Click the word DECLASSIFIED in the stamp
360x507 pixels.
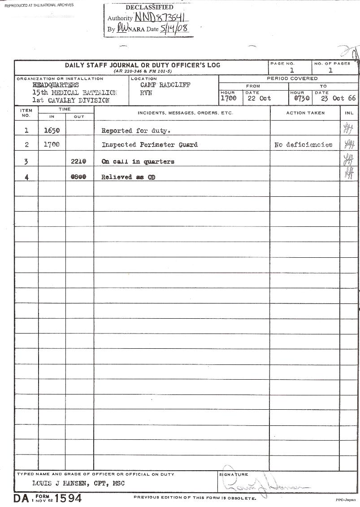149,8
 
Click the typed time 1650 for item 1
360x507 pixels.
52,131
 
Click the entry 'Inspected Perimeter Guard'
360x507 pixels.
149,145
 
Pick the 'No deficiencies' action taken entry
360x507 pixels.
304,145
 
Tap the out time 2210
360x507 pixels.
79,161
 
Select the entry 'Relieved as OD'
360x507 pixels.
128,177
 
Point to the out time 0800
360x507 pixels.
79,177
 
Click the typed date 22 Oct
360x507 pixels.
259,98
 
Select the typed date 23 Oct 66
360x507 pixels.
338,98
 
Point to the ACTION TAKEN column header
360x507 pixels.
305,113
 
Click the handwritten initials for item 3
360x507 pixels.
348,160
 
